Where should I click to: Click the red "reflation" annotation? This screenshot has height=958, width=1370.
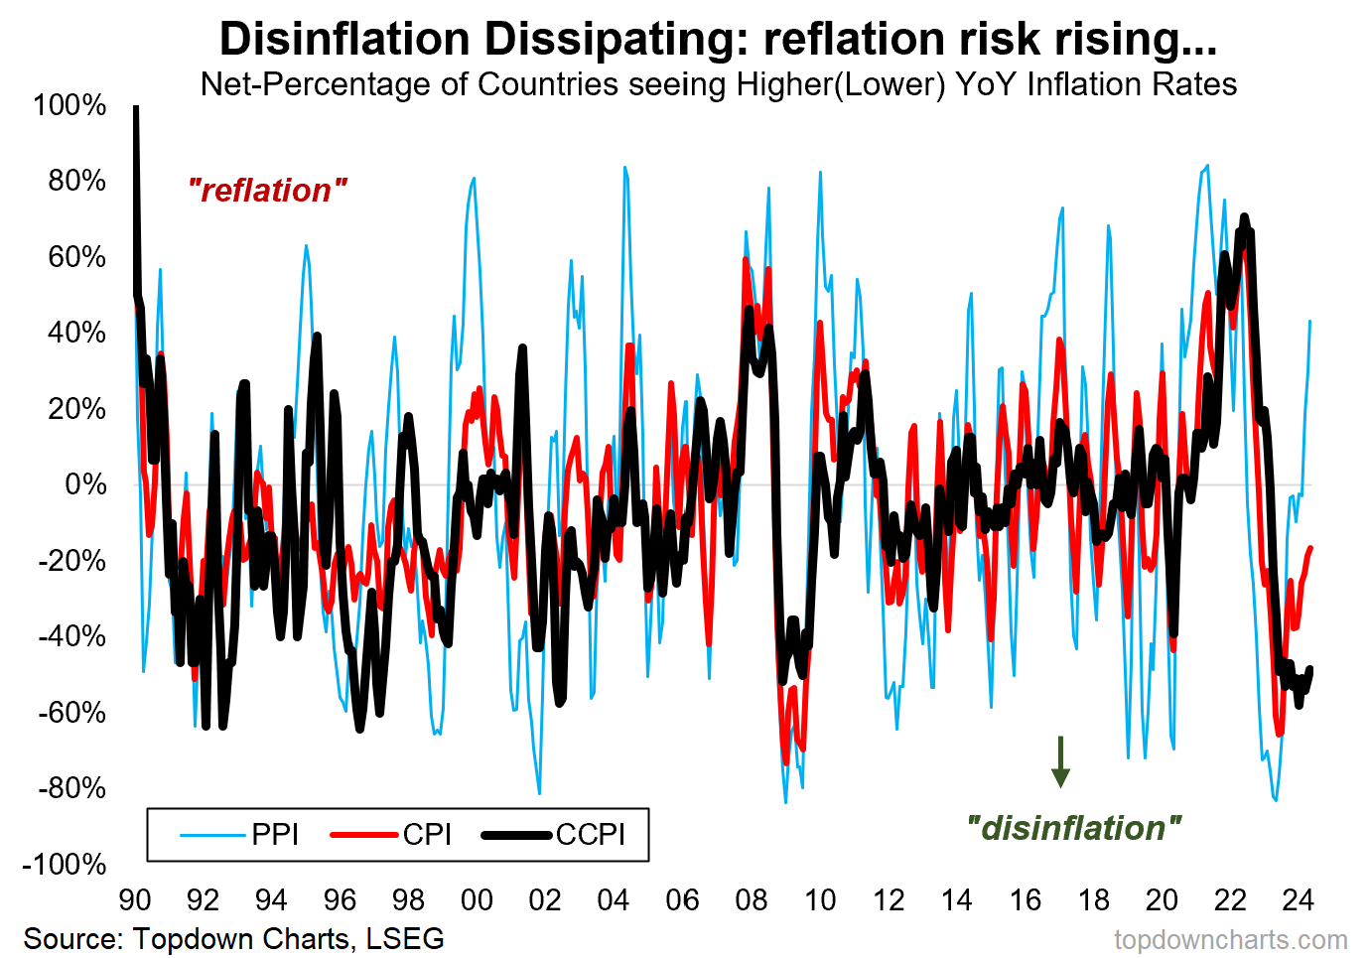pyautogui.click(x=268, y=191)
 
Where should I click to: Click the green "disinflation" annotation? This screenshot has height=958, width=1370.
pyautogui.click(x=1074, y=828)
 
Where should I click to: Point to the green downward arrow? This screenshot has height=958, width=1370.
pyautogui.click(x=1060, y=762)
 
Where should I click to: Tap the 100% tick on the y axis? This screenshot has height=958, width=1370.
pyautogui.click(x=69, y=105)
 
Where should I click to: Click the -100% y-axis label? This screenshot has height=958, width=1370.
pyautogui.click(x=65, y=864)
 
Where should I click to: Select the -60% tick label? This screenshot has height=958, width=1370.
pyautogui.click(x=71, y=712)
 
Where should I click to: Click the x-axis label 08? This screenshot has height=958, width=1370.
pyautogui.click(x=751, y=900)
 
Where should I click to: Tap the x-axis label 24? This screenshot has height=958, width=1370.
pyautogui.click(x=1299, y=900)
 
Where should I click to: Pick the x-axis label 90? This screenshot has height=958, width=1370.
pyautogui.click(x=135, y=900)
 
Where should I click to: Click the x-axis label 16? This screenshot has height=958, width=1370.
pyautogui.click(x=1025, y=900)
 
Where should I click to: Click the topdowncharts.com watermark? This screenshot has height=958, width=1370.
pyautogui.click(x=1231, y=939)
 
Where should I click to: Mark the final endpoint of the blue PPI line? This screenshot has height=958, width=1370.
pyautogui.click(x=1311, y=321)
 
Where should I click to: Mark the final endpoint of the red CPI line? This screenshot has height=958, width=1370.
pyautogui.click(x=1311, y=548)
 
